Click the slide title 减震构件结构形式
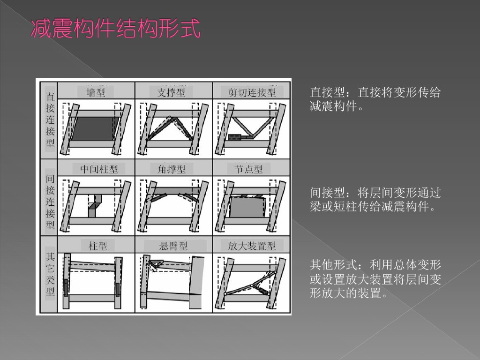tap(116, 29)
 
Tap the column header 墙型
tap(96, 92)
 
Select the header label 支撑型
tap(171, 92)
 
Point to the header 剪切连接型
tap(252, 92)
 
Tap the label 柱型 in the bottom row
tap(97, 245)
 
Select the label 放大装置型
tap(252, 245)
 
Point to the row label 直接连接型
tap(50, 120)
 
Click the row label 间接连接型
tap(50, 202)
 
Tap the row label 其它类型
tap(50, 274)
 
